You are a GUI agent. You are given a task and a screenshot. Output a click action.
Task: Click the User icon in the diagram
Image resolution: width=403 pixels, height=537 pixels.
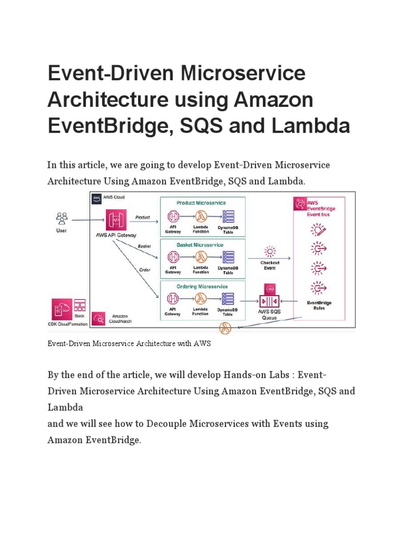coord(62,217)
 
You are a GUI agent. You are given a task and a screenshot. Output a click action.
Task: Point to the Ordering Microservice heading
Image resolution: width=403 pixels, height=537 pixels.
coord(201,286)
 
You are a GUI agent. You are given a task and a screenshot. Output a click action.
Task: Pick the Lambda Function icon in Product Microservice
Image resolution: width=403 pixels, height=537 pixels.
coord(200,216)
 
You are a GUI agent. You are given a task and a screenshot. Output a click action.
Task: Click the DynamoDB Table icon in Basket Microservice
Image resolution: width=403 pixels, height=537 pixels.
coord(228,257)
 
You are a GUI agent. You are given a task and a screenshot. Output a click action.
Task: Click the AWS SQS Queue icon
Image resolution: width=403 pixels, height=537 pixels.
coord(269,302)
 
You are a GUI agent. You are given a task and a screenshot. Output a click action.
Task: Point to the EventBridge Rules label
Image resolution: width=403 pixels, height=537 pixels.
coord(319,306)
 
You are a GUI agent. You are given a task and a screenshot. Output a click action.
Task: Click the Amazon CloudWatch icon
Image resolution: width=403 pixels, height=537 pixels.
coord(98,318)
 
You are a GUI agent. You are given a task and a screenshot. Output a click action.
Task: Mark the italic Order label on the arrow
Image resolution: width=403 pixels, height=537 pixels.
coord(145,270)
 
